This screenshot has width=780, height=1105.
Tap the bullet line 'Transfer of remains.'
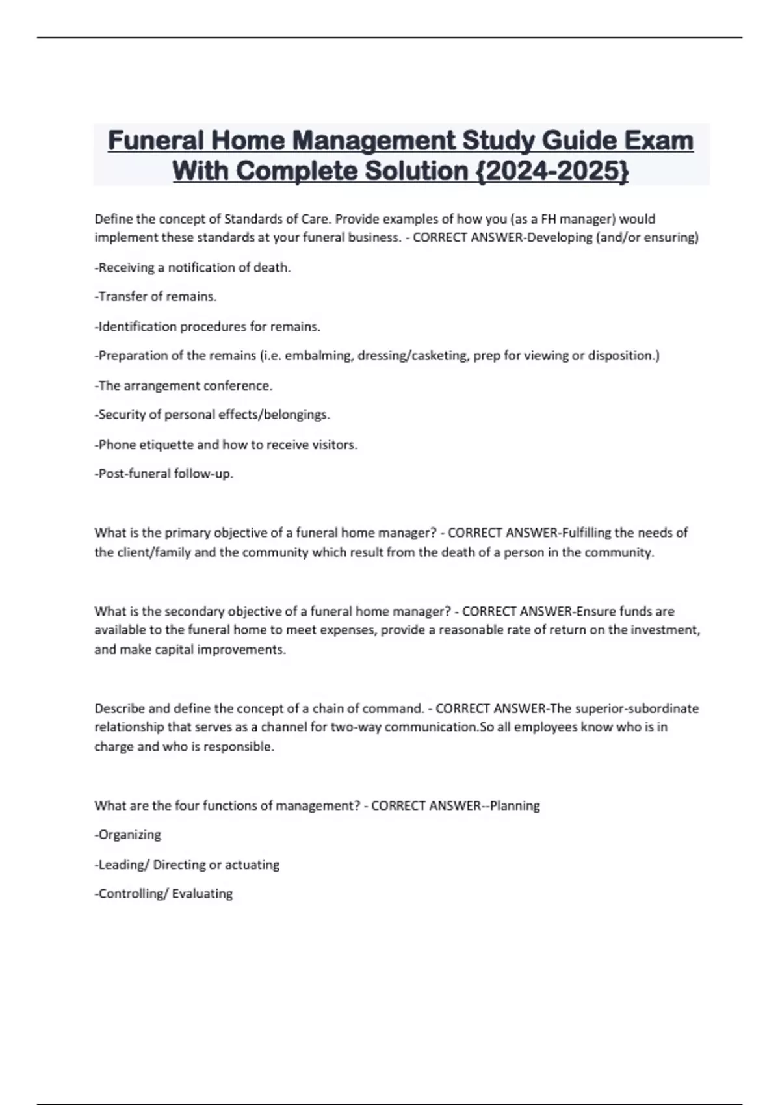(156, 296)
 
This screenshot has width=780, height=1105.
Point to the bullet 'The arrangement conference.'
(184, 385)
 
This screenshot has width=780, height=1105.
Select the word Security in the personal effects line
(121, 415)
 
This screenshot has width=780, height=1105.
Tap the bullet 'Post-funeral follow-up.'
(164, 474)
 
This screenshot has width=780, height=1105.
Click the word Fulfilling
(586, 533)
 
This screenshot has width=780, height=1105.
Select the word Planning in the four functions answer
(515, 806)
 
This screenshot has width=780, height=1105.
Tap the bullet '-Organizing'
(128, 835)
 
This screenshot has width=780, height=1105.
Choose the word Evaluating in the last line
(202, 894)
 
